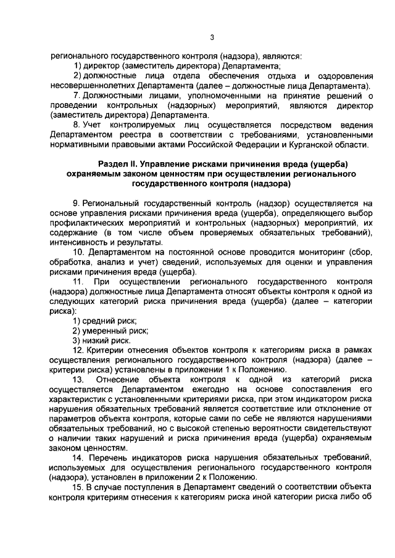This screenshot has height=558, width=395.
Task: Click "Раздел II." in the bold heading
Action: (x=120, y=163)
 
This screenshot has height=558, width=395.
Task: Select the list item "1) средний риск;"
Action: (x=104, y=321)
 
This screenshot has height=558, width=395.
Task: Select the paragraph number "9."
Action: (x=77, y=203)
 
